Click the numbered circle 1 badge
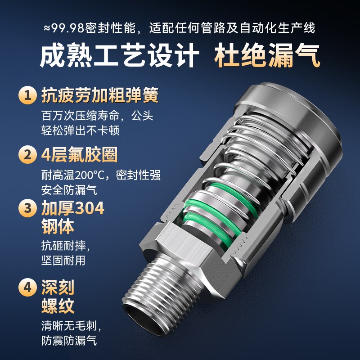tap(28, 96)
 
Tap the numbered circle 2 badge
tap(28, 155)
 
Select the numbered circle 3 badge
tap(28, 208)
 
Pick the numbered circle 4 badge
tap(28, 287)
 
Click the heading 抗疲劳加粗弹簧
tap(99, 95)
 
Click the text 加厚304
tap(72, 208)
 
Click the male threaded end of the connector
tap(157, 288)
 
